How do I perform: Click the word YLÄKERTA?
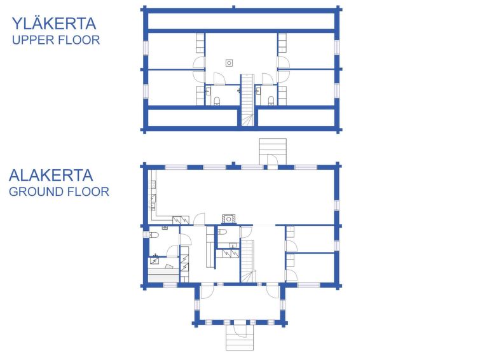[x=54, y=24]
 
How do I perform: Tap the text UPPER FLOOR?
[x=56, y=40]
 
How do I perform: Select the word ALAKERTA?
[x=51, y=176]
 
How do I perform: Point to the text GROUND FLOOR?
[x=58, y=192]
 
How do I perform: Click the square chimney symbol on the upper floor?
[x=229, y=63]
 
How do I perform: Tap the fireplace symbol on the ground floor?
[x=229, y=219]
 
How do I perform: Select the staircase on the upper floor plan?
[x=247, y=100]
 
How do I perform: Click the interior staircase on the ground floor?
[x=248, y=261]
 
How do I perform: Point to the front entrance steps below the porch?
[x=240, y=337]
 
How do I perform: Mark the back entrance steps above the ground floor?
[x=273, y=151]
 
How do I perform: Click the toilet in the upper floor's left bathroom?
[x=217, y=100]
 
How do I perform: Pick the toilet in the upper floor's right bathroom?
[x=271, y=100]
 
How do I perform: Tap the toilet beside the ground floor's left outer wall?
[x=154, y=235]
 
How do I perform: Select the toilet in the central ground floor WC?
[x=223, y=232]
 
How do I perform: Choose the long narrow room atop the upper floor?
[x=241, y=21]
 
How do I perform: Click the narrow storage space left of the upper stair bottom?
[x=193, y=117]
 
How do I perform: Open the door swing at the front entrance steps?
[x=240, y=331]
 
